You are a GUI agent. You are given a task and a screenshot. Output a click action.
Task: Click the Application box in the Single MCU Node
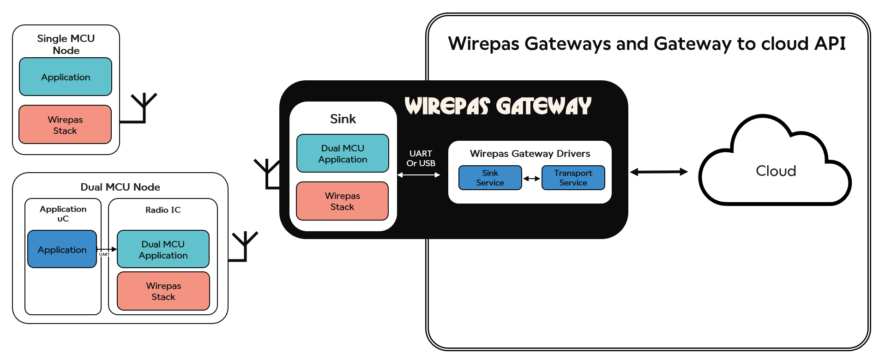[x=66, y=77]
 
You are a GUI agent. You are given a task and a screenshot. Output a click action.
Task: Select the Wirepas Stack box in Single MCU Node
[x=65, y=125]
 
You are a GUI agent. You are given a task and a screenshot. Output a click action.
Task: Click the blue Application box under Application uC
[x=62, y=249]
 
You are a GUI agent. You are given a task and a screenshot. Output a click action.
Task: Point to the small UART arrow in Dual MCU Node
[x=107, y=249]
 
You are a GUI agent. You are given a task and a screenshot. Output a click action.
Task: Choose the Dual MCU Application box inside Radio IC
[x=163, y=249]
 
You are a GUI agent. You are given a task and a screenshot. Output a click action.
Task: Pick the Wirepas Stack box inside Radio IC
[x=163, y=291]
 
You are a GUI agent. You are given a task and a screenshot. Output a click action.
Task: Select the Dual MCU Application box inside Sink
[x=343, y=153]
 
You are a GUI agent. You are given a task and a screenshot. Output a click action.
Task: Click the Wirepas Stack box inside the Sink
[x=342, y=201]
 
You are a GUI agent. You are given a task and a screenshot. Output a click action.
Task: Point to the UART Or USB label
[x=421, y=158]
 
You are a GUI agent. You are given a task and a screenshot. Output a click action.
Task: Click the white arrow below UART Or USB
[x=419, y=175]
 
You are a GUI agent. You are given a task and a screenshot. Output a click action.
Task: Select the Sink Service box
[x=490, y=178]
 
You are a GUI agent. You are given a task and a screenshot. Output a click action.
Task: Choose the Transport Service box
[x=573, y=178]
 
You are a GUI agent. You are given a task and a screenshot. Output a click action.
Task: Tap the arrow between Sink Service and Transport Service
[x=531, y=179]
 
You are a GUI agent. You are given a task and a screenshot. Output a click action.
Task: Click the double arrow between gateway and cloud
[x=659, y=172]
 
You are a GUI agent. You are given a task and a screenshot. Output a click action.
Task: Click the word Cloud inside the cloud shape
[x=776, y=171]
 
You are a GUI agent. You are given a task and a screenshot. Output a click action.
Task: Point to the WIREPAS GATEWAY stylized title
[x=498, y=106]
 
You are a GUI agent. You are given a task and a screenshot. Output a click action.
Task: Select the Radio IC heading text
[x=163, y=210]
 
